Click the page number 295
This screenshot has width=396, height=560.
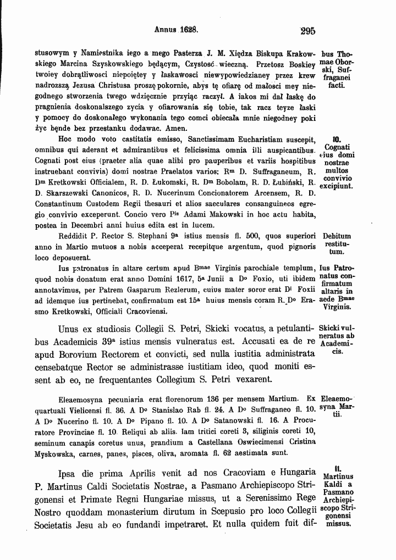tap(304, 31)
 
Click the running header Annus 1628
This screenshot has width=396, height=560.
tap(176, 31)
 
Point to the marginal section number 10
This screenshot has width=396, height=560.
tap(338, 139)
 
